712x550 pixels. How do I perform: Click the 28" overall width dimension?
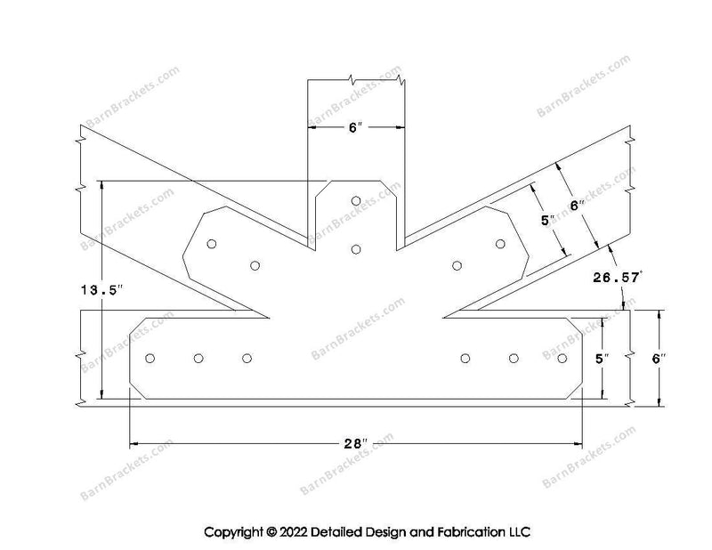pos(355,443)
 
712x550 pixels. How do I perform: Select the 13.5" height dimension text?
pos(101,290)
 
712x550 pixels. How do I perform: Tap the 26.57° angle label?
pos(618,277)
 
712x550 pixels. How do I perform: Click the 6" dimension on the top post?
pos(355,127)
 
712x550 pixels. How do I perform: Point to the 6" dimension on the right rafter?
pos(577,206)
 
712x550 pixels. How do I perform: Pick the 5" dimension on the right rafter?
pos(547,221)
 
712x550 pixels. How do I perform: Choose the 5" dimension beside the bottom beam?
pos(602,359)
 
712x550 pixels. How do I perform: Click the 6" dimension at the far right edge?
pos(659,359)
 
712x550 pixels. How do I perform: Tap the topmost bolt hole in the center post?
pos(356,201)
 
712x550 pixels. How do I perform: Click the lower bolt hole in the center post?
pos(356,249)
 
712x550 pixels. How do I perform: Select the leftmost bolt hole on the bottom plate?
pos(150,359)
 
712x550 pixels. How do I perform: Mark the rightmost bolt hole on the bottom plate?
pos(562,359)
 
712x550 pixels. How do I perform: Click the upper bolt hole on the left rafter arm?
pos(211,244)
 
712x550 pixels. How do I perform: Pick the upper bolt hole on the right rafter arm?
pos(500,244)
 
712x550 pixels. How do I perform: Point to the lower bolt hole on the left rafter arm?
pos(255,265)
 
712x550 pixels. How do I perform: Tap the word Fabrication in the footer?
pos(470,531)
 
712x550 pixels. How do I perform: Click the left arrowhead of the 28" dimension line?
pos(134,443)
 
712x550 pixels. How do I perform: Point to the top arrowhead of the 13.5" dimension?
pos(101,185)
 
